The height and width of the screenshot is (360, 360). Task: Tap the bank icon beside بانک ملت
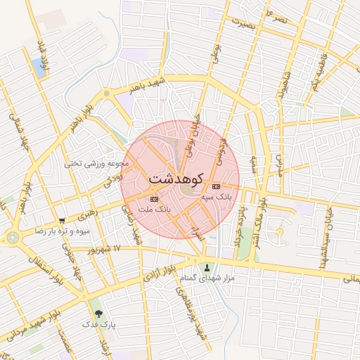(155, 200)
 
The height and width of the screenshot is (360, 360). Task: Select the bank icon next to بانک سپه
(215, 186)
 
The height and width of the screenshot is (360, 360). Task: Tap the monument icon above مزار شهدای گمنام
(207, 267)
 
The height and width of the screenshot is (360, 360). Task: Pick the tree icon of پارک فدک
(97, 313)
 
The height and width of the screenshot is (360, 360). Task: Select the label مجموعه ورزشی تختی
(98, 163)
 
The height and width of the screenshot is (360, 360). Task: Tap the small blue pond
(38, 67)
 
